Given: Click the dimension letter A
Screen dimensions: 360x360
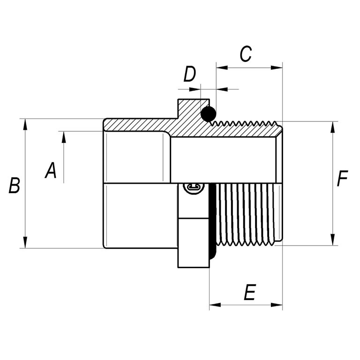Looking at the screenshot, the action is pos(51,170).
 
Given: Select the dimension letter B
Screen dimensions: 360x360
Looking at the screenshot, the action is pos(14,185).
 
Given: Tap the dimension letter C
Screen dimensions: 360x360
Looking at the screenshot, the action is pos(246,54).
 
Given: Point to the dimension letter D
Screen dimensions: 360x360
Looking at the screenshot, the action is pos(190,74).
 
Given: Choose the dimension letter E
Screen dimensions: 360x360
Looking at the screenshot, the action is pos(250,292).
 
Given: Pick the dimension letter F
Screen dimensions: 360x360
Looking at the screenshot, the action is pos(342,178).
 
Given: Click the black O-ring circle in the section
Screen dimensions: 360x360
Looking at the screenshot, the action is pos(209,114).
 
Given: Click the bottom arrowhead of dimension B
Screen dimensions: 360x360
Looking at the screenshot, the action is pos(25,242).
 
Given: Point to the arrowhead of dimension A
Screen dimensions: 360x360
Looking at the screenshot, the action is pos(64,137).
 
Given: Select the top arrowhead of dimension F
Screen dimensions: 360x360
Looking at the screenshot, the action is pos(332,127).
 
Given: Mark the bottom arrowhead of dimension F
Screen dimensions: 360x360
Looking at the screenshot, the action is pos(332,240).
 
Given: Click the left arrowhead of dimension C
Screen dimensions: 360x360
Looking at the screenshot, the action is pos(222,67).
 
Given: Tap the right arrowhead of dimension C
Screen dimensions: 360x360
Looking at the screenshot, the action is pos(277,67).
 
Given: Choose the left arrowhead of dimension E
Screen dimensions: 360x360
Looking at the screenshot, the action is pos(215,305).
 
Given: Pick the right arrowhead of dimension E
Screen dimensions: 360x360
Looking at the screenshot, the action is pos(277,305).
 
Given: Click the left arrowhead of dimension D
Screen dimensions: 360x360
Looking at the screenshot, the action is pos(195,89).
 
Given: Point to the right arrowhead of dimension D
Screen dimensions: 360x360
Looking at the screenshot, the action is pos(222,89).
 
